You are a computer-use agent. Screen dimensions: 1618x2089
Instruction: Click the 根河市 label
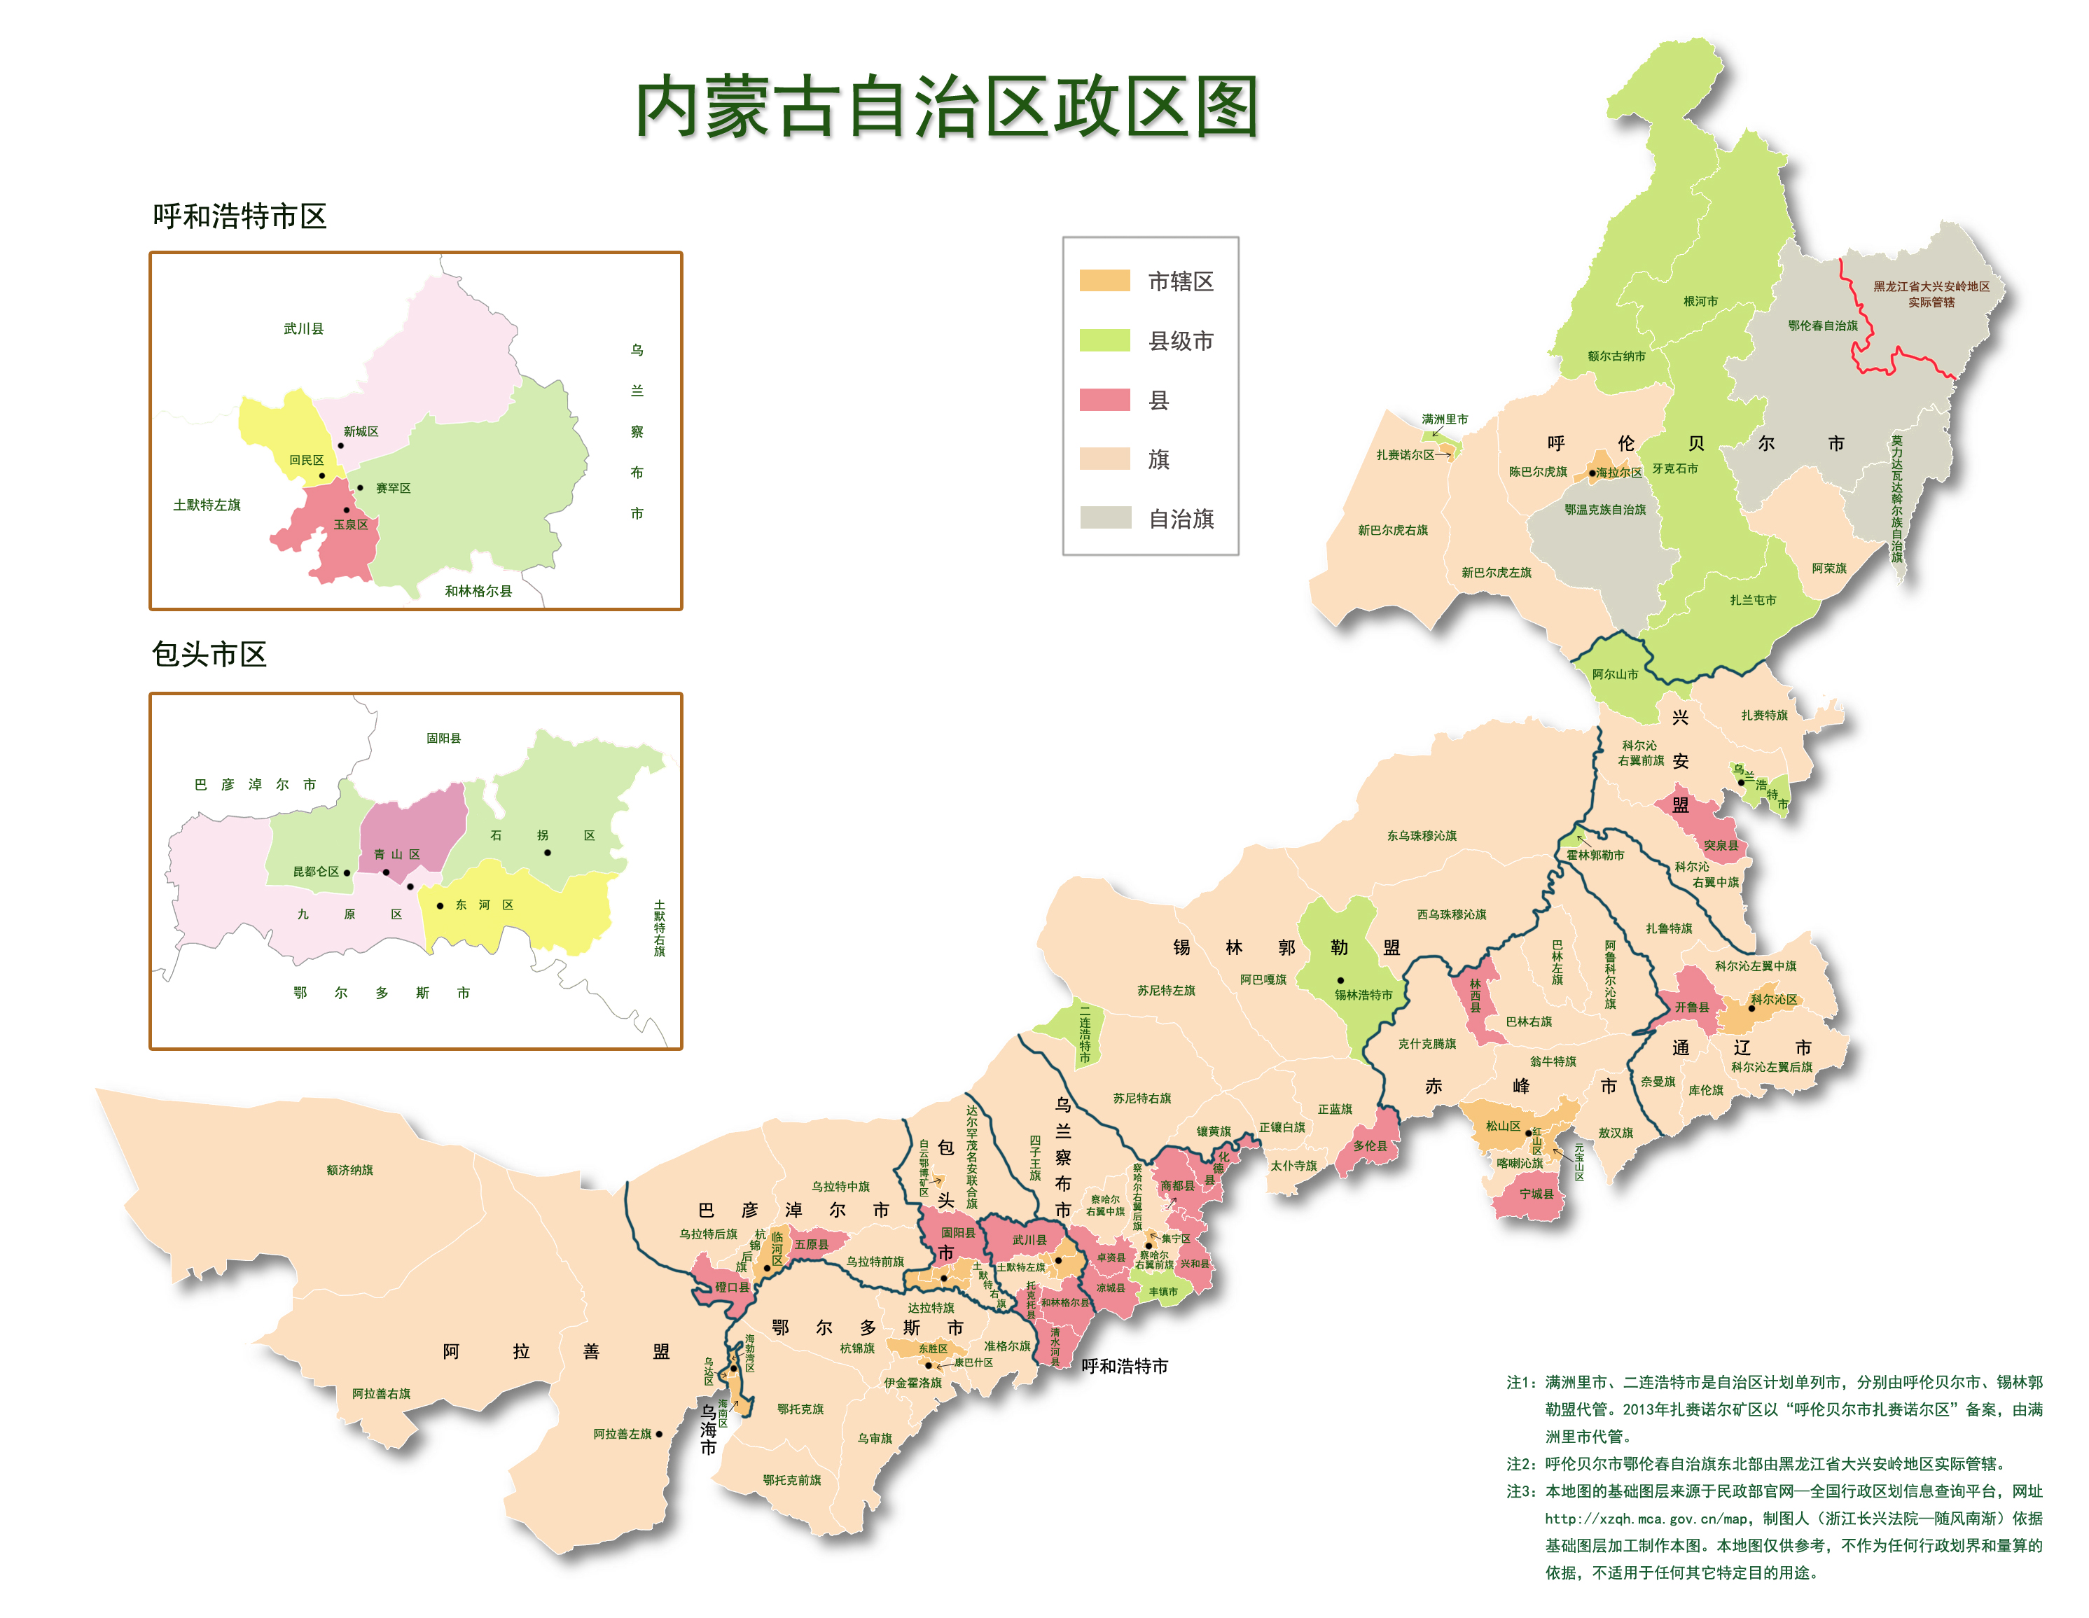(x=1700, y=301)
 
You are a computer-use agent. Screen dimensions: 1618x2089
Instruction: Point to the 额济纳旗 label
(x=349, y=1169)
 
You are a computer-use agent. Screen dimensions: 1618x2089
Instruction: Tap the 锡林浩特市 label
(x=1363, y=994)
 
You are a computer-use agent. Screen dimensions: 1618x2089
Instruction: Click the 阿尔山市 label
(x=1615, y=674)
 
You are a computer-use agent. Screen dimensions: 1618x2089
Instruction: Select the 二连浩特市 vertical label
(x=1085, y=1033)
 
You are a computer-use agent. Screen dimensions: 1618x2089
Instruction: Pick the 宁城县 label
(x=1536, y=1194)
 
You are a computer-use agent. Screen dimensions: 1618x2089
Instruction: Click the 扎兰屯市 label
(x=1752, y=601)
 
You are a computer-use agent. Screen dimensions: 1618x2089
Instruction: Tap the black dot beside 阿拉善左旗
(x=659, y=1433)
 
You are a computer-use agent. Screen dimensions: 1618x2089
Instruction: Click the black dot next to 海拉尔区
(x=1592, y=473)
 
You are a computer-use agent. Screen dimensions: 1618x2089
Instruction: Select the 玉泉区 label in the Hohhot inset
(x=350, y=524)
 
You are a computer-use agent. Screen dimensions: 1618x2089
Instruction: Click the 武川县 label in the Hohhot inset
(x=303, y=329)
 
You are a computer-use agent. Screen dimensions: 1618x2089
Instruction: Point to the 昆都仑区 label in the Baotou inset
(x=316, y=871)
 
